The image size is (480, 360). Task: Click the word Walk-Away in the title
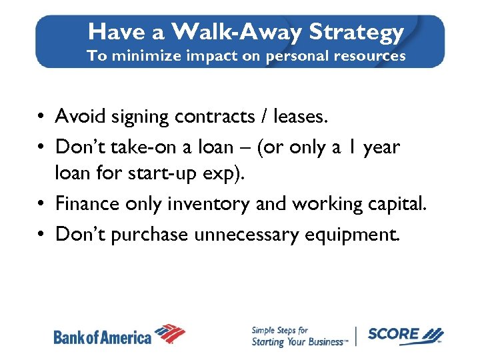223,31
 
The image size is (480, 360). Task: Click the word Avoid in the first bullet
77,117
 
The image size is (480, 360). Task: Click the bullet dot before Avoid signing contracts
42,117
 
